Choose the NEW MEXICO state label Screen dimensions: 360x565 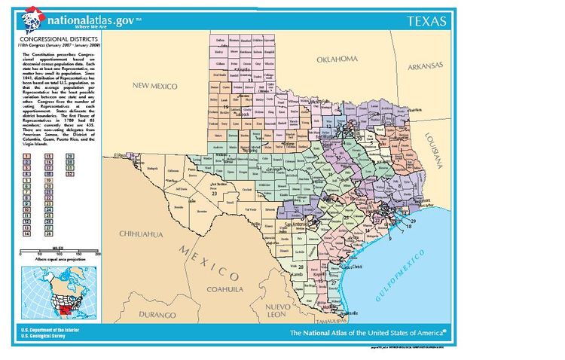pos(154,86)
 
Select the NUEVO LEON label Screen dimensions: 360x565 pos(284,310)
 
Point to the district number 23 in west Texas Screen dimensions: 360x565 pos(214,194)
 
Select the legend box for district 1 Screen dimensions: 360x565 pos(27,154)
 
